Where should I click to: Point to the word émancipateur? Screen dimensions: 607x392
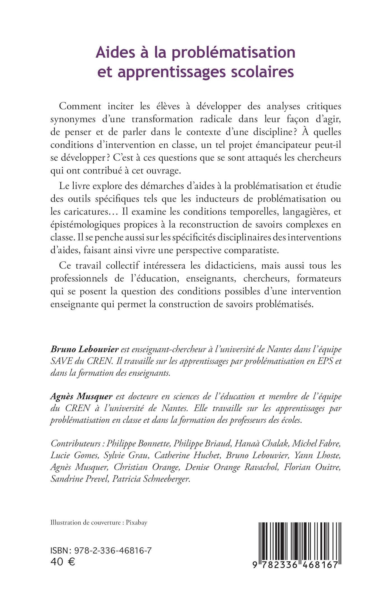click(286, 145)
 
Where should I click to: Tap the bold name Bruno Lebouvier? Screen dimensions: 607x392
click(85, 349)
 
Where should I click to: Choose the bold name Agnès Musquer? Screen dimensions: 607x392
click(81, 396)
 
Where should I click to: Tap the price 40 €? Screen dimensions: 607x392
click(63, 562)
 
